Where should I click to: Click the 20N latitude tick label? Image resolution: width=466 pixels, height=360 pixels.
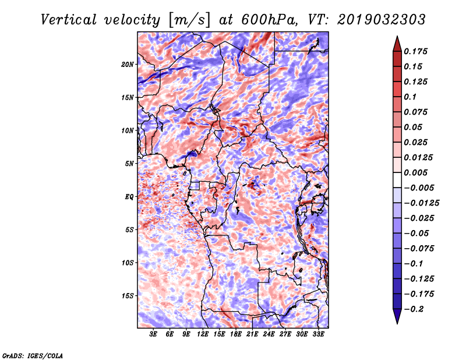[128, 64]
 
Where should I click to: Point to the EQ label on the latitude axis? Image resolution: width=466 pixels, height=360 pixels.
[130, 197]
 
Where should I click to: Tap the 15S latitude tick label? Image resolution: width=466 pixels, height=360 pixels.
[128, 295]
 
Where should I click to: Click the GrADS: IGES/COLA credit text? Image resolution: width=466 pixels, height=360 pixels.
[32, 355]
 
